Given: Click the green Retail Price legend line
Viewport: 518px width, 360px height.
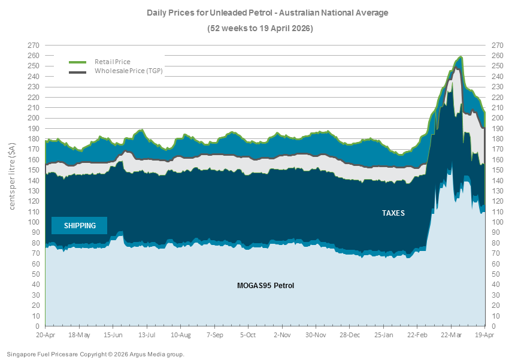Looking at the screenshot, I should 78,62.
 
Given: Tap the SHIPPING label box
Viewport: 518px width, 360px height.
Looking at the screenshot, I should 79,225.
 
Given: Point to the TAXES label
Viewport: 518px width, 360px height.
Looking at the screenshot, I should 393,213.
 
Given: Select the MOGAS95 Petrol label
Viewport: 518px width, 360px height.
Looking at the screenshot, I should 265,285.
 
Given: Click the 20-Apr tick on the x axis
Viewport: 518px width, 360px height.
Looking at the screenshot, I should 46,334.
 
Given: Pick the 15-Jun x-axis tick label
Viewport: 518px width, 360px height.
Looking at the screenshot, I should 113,334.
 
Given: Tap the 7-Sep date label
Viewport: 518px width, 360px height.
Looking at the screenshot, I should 215,334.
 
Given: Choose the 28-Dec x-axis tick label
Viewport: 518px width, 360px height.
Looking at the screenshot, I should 350,334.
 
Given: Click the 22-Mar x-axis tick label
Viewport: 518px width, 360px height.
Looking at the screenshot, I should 452,334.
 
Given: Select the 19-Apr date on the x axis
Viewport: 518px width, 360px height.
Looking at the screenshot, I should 485,334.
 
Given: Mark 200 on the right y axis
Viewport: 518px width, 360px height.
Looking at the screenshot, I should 496,118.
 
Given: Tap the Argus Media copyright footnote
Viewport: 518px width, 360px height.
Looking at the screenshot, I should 96,354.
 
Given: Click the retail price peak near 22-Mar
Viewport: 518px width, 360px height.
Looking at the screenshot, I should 461,57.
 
